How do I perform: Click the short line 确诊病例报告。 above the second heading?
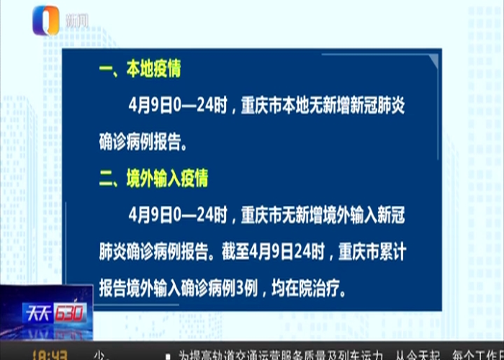coord(137,142)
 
